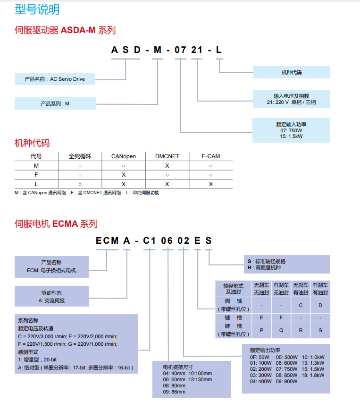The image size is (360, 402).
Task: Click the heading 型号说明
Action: click(x=37, y=9)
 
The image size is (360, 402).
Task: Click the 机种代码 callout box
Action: click(x=291, y=72)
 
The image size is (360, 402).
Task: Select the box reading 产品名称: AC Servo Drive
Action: click(x=55, y=79)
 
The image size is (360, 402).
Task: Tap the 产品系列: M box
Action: click(x=55, y=103)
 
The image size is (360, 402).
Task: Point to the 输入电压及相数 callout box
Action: click(x=291, y=99)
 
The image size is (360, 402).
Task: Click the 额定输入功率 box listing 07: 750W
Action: click(x=291, y=130)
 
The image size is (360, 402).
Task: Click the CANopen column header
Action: click(x=124, y=156)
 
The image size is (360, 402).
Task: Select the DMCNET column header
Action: click(x=167, y=156)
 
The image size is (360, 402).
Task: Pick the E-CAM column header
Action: click(x=210, y=156)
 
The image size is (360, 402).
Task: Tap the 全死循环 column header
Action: click(x=80, y=156)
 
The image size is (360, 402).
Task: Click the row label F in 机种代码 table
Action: click(x=36, y=175)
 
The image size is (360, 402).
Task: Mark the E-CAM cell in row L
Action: click(x=210, y=184)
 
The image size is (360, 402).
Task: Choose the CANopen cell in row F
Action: click(x=124, y=175)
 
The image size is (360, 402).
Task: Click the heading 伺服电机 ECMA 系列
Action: click(x=56, y=224)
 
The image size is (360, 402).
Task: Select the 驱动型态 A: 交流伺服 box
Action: click(x=51, y=297)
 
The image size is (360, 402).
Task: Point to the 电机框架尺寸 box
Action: click(x=192, y=379)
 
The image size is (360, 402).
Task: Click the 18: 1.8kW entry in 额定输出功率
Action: click(x=313, y=375)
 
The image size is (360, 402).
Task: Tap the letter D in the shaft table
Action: click(x=320, y=305)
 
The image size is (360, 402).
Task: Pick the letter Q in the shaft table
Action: click(x=281, y=330)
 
